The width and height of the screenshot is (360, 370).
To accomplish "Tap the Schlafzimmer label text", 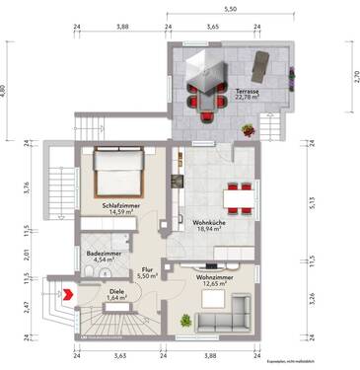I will coord(116,208).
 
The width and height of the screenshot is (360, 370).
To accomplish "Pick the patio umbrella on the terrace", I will coord(210,72).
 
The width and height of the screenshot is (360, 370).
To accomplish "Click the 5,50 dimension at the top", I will coord(229,9).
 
